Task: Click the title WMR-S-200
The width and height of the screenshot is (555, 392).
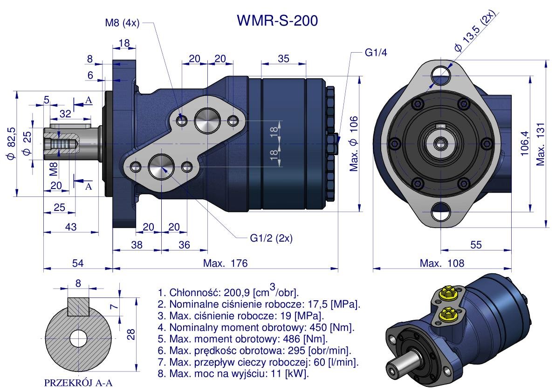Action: [278, 20]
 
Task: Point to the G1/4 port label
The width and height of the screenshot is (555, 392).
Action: [376, 53]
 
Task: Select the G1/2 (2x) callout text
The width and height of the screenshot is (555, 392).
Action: [271, 238]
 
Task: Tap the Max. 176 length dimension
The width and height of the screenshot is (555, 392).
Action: [225, 263]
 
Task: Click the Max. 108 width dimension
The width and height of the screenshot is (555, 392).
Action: [442, 263]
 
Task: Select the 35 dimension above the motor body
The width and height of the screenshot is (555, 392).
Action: [283, 59]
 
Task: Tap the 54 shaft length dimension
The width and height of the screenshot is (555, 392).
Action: [78, 263]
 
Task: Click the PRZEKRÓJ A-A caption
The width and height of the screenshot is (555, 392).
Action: [78, 384]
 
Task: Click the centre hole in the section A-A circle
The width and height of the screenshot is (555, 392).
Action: [78, 338]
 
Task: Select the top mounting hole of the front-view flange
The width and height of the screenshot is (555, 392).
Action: [439, 73]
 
